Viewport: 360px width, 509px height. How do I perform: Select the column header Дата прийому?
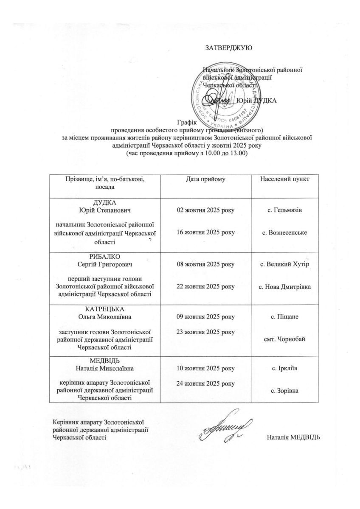coord(205,179)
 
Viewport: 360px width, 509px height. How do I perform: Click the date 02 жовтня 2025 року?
coord(205,210)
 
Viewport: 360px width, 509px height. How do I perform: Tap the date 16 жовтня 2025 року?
coord(205,232)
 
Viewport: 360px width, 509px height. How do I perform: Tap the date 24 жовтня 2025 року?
coord(205,383)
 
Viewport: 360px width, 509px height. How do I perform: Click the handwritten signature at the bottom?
coord(227,425)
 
